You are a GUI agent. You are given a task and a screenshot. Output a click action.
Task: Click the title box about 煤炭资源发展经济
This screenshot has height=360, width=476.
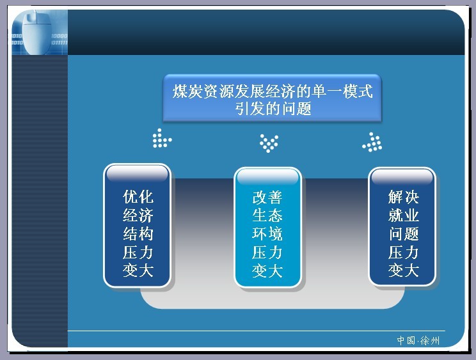click(273, 98)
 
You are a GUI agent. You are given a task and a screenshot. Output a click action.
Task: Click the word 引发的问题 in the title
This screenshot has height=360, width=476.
click(273, 109)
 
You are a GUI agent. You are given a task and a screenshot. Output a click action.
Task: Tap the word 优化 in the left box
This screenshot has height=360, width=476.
click(138, 197)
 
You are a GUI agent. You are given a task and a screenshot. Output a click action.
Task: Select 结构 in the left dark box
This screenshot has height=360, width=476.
click(138, 234)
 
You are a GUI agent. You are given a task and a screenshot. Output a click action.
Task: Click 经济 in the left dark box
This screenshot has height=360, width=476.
click(138, 215)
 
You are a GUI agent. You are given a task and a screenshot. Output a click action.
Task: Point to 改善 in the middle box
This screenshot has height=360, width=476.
click(267, 198)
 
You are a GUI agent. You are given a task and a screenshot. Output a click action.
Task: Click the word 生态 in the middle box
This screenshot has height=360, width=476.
click(267, 215)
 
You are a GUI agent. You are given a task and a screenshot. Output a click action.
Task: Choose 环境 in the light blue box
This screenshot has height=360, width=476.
click(267, 234)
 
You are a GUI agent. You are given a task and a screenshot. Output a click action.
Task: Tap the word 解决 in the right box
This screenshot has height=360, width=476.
click(404, 197)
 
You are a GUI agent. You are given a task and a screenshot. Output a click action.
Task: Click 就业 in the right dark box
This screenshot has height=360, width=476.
click(404, 215)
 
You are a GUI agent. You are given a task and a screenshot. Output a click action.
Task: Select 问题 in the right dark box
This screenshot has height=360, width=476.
click(404, 234)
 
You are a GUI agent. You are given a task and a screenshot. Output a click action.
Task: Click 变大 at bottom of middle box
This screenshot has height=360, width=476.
click(267, 271)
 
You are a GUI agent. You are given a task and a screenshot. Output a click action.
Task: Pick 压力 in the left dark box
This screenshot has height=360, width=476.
click(138, 253)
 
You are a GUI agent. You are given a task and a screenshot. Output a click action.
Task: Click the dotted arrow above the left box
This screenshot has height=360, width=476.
click(162, 138)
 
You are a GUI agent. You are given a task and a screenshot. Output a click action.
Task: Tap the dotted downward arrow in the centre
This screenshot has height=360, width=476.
click(269, 143)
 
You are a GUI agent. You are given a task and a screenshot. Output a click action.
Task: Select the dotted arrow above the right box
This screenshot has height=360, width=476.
click(372, 142)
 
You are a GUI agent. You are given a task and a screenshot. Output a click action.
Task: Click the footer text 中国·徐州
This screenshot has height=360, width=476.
click(418, 341)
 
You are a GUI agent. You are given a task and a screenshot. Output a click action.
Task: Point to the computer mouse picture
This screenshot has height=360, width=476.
click(36, 33)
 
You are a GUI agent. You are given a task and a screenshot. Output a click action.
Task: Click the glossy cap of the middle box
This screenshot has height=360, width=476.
click(267, 176)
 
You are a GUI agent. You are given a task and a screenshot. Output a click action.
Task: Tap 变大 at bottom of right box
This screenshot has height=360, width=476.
click(404, 271)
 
